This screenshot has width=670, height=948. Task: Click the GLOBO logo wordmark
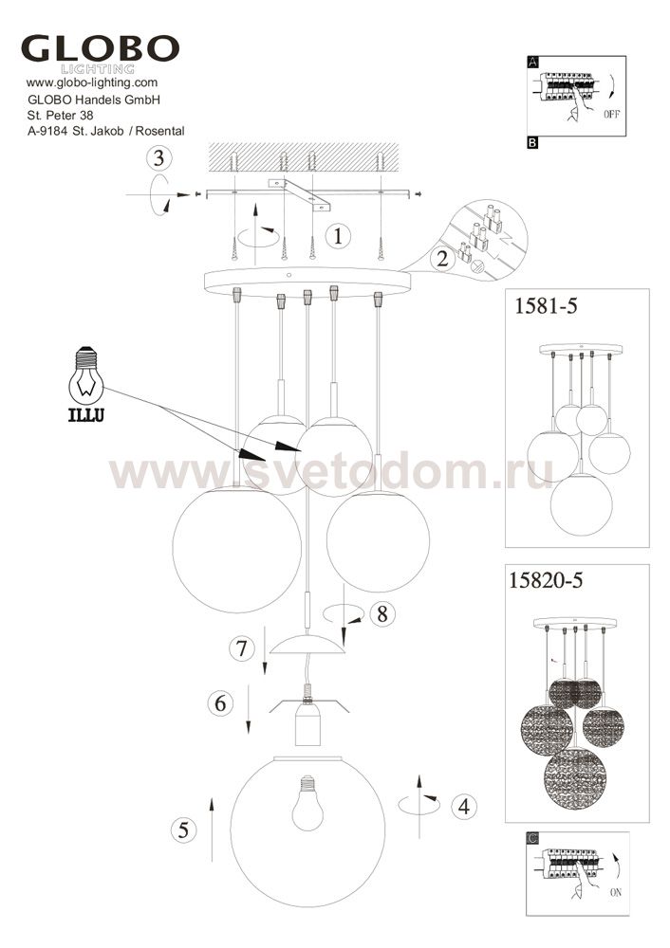click(100, 48)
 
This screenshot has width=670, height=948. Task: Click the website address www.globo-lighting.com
click(92, 82)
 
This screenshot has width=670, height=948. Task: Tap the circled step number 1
click(338, 235)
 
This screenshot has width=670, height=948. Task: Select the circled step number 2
click(443, 259)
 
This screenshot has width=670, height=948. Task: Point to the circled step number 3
click(158, 158)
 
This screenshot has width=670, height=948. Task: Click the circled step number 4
click(464, 807)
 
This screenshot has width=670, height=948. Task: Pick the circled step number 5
click(183, 830)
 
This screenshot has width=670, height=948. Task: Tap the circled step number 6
click(220, 703)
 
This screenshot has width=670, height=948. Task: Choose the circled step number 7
click(242, 648)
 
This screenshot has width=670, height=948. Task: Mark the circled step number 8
click(382, 613)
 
